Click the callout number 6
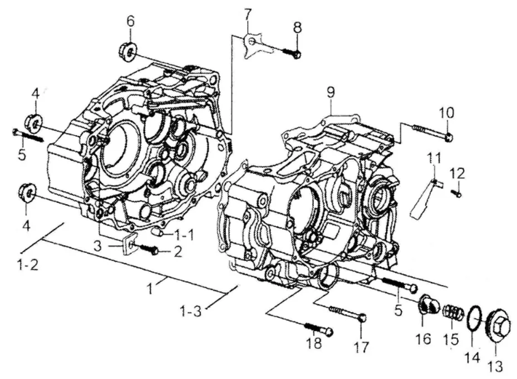point(131,22)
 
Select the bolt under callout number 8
point(292,53)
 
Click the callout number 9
point(331,92)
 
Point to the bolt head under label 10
point(449,137)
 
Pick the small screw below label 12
point(457,194)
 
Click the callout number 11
point(434,159)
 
